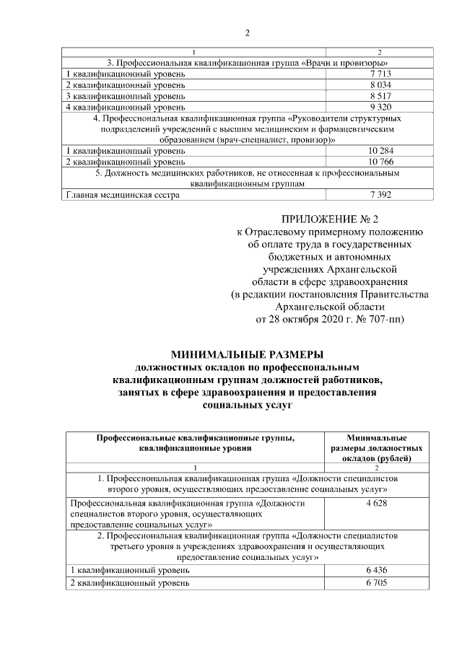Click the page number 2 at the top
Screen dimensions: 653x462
[x=247, y=32]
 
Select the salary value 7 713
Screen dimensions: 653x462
[x=380, y=74]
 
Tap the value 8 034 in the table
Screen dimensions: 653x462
[x=380, y=85]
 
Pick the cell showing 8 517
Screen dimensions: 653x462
[x=380, y=96]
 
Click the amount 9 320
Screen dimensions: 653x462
[x=380, y=107]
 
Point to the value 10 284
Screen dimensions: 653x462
[x=380, y=151]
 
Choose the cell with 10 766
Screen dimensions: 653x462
[x=380, y=162]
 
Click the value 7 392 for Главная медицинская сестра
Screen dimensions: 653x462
[x=380, y=195]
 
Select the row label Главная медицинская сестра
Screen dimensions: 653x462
[x=121, y=195]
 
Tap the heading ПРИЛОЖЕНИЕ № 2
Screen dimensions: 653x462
[x=328, y=219]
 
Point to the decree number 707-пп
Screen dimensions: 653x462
[x=389, y=318]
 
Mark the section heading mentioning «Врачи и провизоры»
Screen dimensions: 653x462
[x=247, y=63]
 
